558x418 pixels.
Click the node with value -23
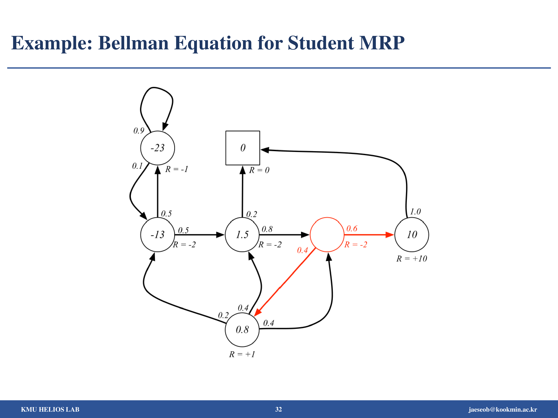click(x=157, y=148)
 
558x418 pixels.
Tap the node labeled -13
click(x=157, y=235)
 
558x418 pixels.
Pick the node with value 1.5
click(x=242, y=235)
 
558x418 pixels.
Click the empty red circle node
click(x=327, y=235)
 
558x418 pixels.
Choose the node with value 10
click(x=412, y=235)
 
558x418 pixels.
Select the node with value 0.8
click(x=242, y=330)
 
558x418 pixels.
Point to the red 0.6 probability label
click(x=352, y=229)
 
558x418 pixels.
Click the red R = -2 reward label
click(x=356, y=244)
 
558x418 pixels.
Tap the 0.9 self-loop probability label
click(x=139, y=131)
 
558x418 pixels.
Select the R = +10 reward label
click(x=412, y=258)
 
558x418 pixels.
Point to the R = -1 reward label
click(x=177, y=169)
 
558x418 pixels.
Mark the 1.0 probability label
click(x=415, y=211)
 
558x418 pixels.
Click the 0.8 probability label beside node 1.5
click(x=267, y=229)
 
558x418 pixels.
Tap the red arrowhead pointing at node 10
click(x=390, y=235)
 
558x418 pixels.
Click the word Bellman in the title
click(x=133, y=43)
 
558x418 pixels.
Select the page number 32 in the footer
click(x=278, y=409)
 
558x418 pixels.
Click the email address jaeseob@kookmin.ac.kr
click(x=503, y=409)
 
